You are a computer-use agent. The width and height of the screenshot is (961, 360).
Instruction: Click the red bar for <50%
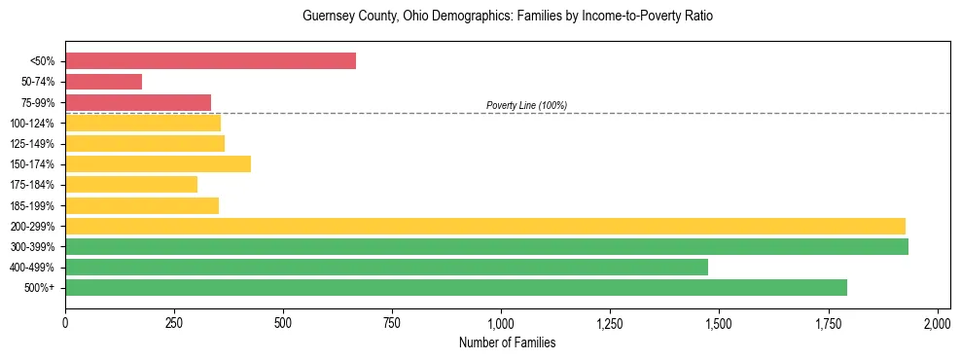pyautogui.click(x=210, y=61)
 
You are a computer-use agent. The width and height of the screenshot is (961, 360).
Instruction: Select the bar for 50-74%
pyautogui.click(x=103, y=82)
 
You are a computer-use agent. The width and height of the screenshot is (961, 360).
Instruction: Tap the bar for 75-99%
pyautogui.click(x=138, y=102)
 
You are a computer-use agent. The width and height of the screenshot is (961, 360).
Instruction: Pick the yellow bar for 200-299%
pyautogui.click(x=484, y=226)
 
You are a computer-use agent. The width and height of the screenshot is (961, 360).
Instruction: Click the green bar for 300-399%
pyautogui.click(x=486, y=246)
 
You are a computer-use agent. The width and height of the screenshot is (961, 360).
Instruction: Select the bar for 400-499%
pyautogui.click(x=386, y=267)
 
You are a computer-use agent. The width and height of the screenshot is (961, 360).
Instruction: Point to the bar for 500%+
pyautogui.click(x=455, y=287)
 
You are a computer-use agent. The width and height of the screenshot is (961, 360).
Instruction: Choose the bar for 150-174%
pyautogui.click(x=158, y=163)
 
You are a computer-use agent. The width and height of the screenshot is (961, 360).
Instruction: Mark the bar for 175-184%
pyautogui.click(x=131, y=184)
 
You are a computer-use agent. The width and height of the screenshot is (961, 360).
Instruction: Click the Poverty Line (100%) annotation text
pyautogui.click(x=526, y=105)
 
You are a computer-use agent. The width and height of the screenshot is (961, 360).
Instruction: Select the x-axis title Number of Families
pyautogui.click(x=507, y=342)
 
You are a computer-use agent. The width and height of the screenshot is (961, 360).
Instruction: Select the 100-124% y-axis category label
pyautogui.click(x=32, y=124)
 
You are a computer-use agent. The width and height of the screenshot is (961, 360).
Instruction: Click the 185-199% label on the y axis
pyautogui.click(x=32, y=205)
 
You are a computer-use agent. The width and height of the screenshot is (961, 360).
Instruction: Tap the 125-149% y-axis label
pyautogui.click(x=32, y=144)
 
